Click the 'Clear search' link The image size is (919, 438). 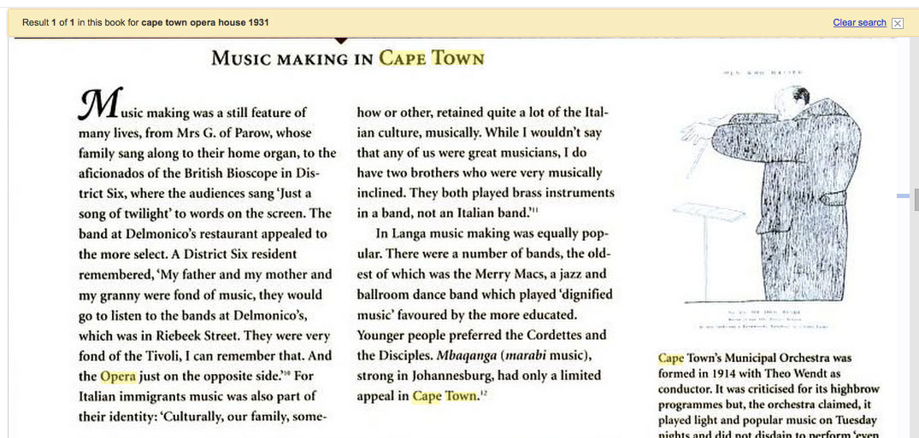point(859,22)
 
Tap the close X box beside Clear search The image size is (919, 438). point(897,23)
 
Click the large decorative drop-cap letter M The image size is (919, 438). point(100,104)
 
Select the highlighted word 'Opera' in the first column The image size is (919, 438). point(118,376)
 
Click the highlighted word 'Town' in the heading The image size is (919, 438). point(458,58)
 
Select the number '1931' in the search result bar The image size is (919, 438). point(257,22)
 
